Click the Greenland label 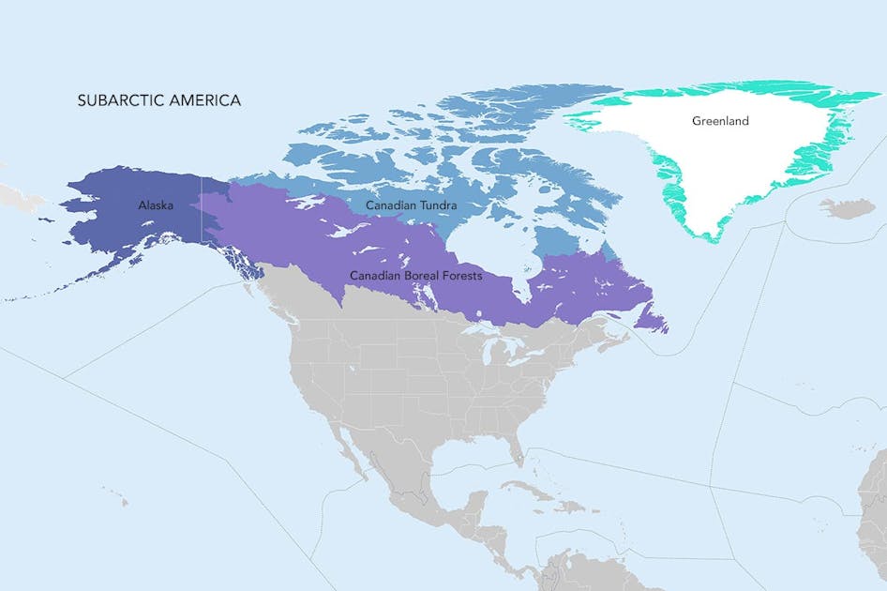click(x=720, y=121)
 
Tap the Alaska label click(x=156, y=205)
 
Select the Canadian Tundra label click(x=404, y=204)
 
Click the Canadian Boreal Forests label click(x=416, y=276)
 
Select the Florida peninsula click(x=515, y=448)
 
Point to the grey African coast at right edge click(x=874, y=507)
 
